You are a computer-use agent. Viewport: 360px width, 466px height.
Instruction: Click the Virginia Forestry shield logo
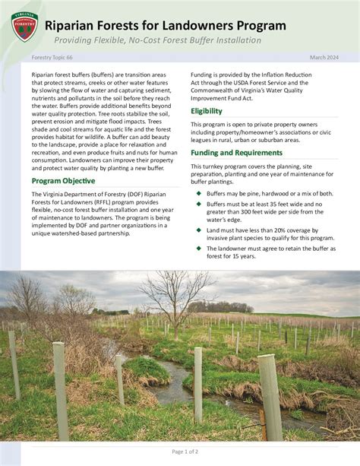point(21,27)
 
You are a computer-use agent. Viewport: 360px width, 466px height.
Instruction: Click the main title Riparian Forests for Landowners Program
point(165,26)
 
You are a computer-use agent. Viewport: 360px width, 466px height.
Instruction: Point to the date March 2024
point(324,58)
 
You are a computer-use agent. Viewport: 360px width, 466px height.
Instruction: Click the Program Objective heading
point(63,181)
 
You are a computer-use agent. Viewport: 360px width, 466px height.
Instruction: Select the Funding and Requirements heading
point(236,153)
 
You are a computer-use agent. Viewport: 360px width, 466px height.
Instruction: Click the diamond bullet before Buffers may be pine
point(198,194)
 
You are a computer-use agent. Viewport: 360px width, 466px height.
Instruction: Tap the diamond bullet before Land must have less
point(198,230)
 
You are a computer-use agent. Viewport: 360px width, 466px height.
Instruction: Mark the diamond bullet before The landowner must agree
point(198,248)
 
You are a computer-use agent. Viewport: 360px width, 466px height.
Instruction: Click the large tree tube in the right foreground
point(270,395)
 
